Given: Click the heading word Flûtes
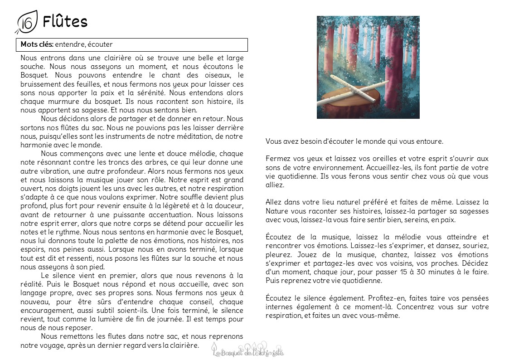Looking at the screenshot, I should (65, 21).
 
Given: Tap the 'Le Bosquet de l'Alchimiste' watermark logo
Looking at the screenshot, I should (248, 350).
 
